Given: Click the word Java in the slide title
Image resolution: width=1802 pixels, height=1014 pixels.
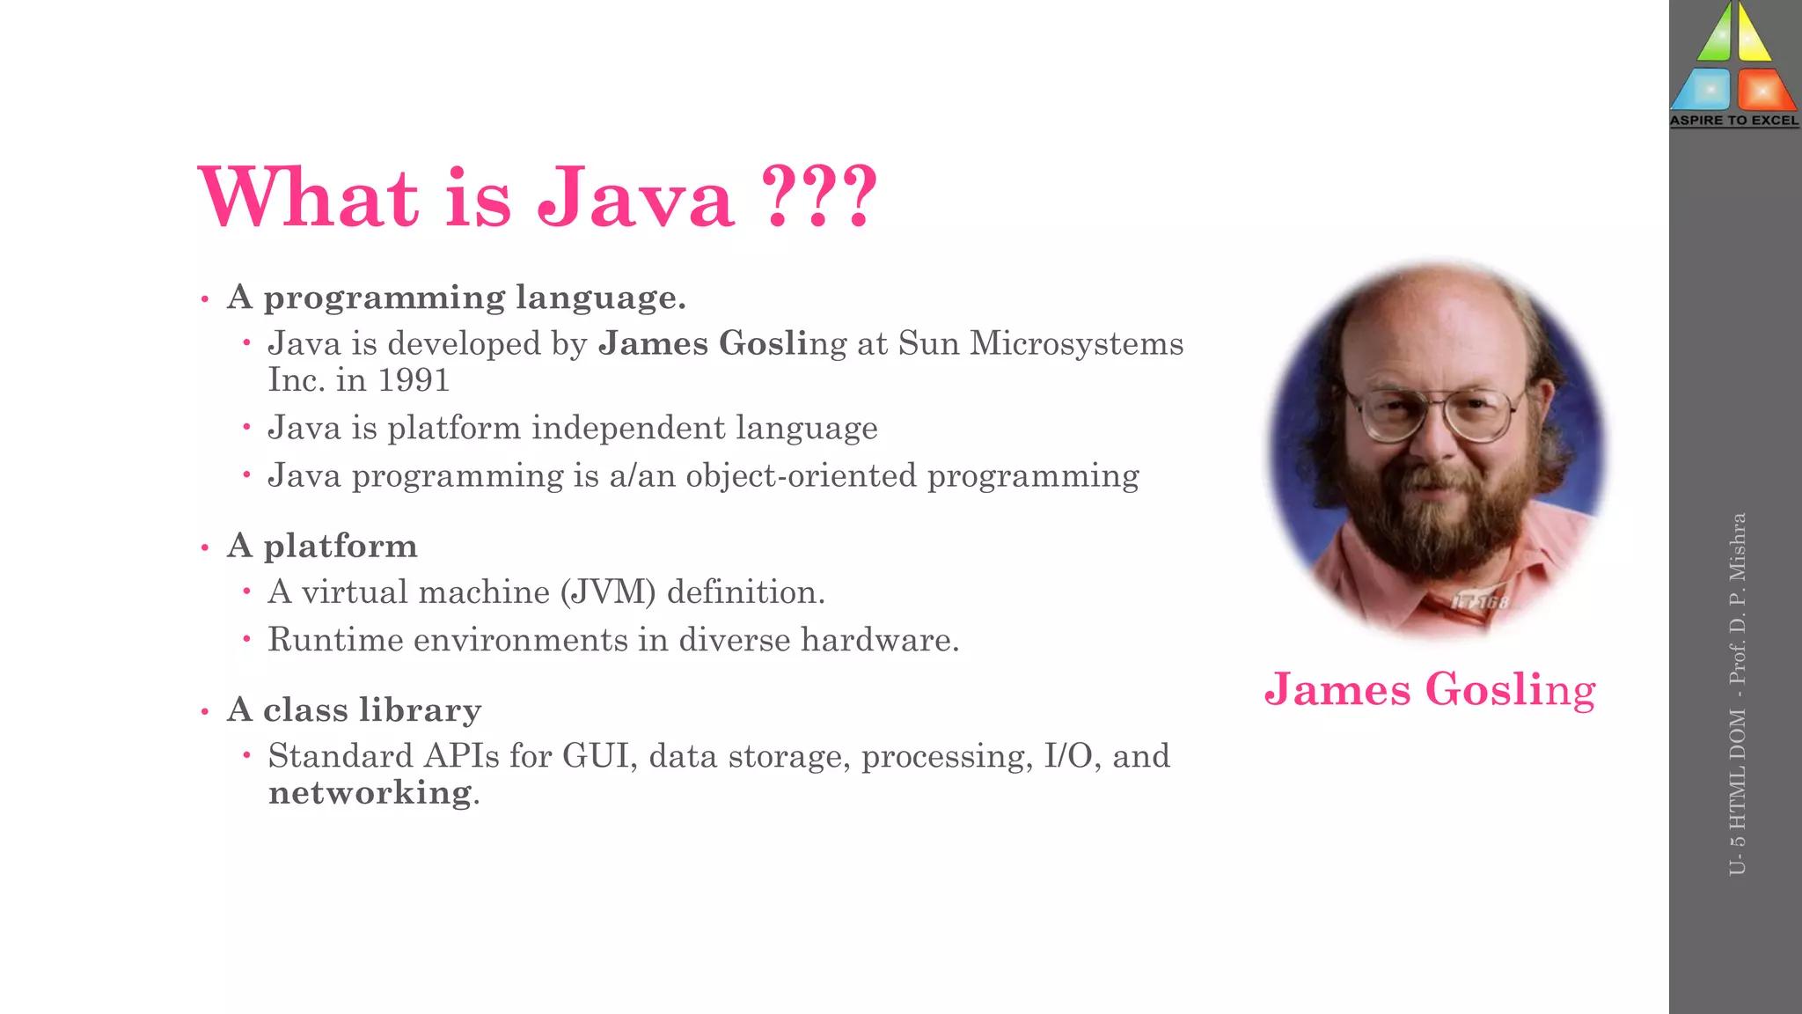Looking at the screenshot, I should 635,198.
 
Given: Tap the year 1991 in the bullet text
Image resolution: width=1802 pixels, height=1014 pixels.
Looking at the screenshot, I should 414,380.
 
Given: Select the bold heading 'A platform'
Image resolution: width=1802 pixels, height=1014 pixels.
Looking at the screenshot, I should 322,546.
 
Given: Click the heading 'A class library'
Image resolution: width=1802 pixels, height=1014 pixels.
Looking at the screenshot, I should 354,709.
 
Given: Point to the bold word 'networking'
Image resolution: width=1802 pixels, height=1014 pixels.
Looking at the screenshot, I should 370,792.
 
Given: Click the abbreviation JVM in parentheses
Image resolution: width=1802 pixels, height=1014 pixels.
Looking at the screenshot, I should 609,592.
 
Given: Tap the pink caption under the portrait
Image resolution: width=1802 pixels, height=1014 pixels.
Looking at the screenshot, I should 1430,689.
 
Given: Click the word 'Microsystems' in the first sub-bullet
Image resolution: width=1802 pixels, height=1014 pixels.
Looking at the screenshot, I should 1076,343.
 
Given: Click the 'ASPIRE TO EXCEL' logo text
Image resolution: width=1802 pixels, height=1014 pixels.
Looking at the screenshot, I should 1734,121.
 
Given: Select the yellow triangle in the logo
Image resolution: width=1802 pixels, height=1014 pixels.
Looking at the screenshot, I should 1754,35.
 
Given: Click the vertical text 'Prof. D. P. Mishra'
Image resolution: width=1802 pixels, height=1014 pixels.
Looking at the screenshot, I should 1737,599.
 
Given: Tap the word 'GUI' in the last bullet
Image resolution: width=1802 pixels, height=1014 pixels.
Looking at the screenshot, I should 598,756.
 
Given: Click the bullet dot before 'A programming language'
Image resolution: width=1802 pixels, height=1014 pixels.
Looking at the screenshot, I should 205,299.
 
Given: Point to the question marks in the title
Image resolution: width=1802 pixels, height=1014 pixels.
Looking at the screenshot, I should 819,198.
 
